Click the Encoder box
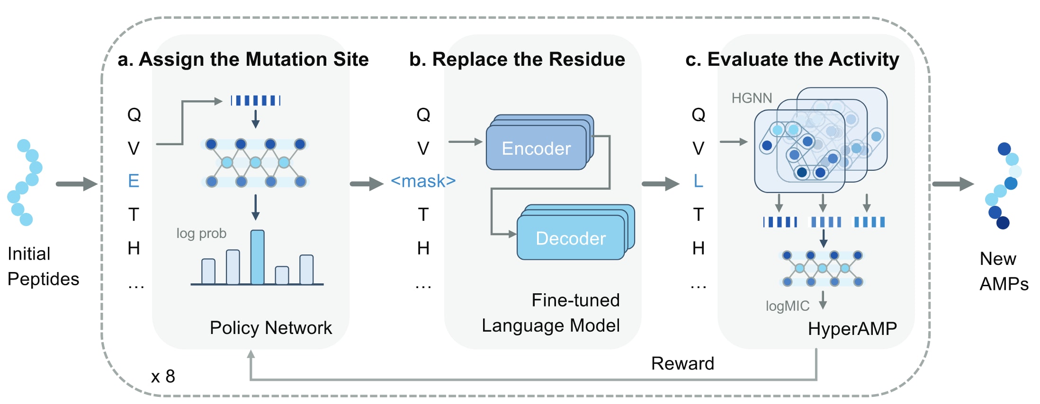536,148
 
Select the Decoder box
571,238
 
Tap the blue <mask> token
423,181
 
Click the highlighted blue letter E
134,181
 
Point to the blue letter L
698,181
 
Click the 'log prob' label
201,233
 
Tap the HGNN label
752,98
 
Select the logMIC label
787,306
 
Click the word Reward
682,363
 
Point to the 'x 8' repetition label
163,377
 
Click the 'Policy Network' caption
270,328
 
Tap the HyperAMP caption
852,328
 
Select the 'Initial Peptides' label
43,266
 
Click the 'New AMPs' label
1004,271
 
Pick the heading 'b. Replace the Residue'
517,60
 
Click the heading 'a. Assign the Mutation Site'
243,60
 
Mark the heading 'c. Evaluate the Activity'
792,60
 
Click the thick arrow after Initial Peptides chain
76,184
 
